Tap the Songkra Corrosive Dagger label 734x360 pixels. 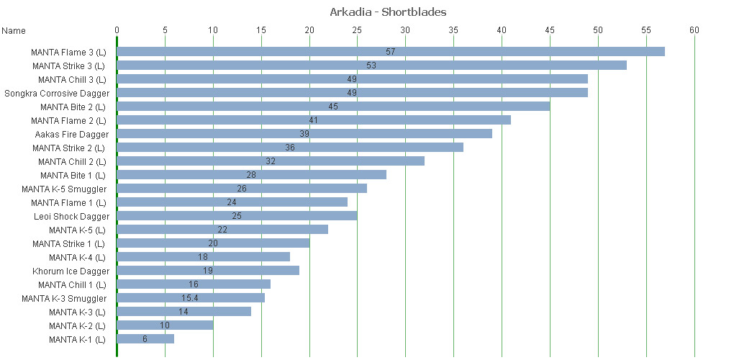[x=57, y=93]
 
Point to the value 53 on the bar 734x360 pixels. [x=371, y=66]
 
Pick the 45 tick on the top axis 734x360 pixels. [x=550, y=30]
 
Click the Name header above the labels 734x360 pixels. [x=14, y=31]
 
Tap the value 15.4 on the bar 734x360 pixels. [x=191, y=298]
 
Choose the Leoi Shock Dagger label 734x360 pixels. [x=72, y=216]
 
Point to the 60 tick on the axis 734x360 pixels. [x=694, y=30]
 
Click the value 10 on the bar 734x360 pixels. [x=165, y=325]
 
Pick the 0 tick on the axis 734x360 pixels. [x=117, y=30]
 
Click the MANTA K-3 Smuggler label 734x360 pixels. [x=64, y=298]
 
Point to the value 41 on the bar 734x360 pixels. [x=313, y=120]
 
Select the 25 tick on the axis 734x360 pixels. [x=358, y=30]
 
